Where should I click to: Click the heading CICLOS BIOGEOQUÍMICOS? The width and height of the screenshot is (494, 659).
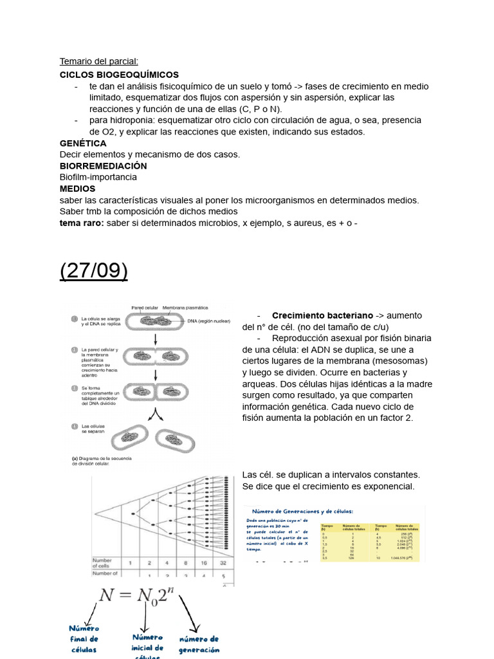119,75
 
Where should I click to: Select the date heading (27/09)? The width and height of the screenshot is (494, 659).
94,271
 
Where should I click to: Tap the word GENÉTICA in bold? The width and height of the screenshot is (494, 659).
83,143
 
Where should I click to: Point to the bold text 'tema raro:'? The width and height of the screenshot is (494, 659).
81,223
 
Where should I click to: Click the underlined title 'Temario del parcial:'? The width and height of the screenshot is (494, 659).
99,62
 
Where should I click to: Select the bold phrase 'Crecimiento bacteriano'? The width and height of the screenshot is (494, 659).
322,315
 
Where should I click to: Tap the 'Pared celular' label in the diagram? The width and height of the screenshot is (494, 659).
145,308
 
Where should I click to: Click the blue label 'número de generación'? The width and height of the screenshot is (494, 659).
199,644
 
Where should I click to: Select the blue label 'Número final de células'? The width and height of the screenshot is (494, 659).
84,639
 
